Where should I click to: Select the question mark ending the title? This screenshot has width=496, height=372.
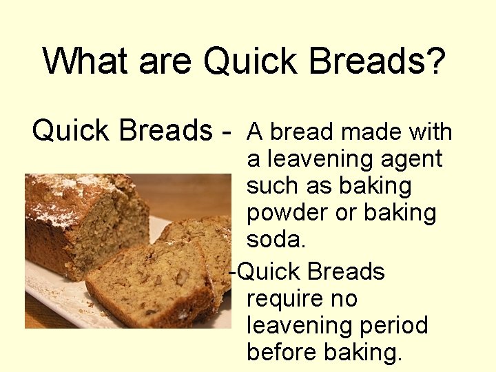click(435, 61)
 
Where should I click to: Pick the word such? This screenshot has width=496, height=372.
click(271, 186)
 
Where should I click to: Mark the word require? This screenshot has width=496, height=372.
click(282, 300)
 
